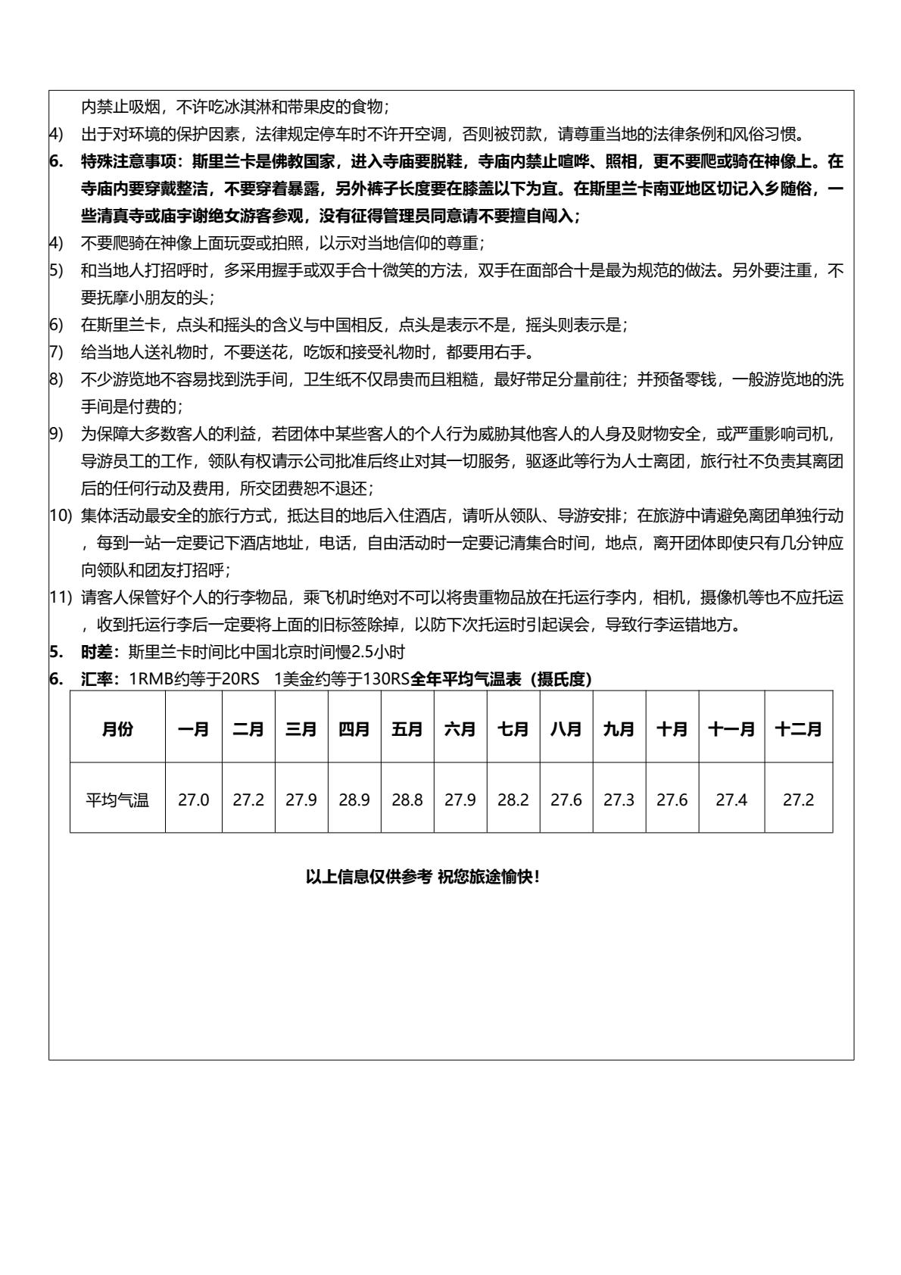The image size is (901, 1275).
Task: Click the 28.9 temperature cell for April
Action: click(x=354, y=800)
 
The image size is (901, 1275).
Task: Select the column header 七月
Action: click(x=513, y=729)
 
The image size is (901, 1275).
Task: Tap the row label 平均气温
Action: click(x=117, y=800)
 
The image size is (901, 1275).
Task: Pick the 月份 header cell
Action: click(x=117, y=729)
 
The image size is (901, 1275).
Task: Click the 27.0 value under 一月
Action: click(x=194, y=800)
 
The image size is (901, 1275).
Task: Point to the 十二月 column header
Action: click(x=798, y=729)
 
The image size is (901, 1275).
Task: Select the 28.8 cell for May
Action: click(x=407, y=800)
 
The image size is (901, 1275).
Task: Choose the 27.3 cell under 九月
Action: click(x=619, y=800)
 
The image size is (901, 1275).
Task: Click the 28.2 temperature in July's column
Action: click(x=513, y=800)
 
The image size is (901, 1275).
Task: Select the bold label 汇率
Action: click(x=97, y=679)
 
